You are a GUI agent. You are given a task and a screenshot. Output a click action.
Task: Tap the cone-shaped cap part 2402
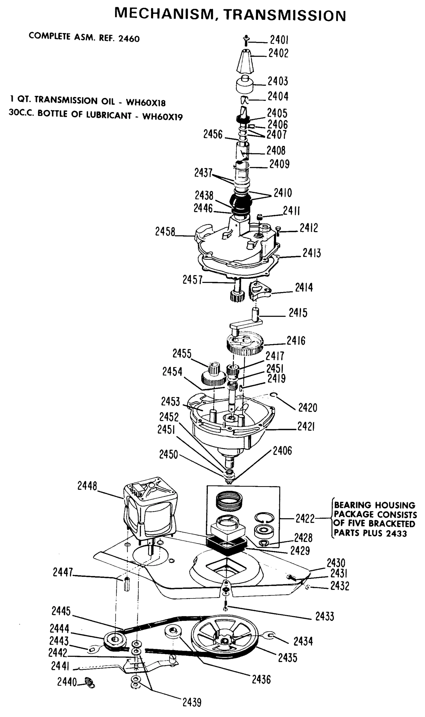(x=245, y=61)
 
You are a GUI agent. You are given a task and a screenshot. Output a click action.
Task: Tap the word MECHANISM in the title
(x=164, y=14)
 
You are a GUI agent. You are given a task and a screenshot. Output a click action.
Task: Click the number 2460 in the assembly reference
(x=129, y=39)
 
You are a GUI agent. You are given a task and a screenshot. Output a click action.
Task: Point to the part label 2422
(x=305, y=519)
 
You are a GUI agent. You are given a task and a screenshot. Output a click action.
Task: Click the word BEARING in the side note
(x=353, y=505)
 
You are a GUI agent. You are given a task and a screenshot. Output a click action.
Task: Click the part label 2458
(x=165, y=232)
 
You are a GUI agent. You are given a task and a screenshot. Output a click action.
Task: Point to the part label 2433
(x=325, y=616)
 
